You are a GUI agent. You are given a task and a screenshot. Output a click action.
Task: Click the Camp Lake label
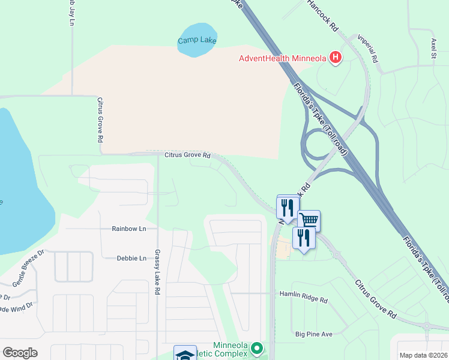point(197,41)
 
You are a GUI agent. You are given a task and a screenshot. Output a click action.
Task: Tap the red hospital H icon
point(336,58)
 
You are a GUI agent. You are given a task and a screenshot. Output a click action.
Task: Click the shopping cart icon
point(309,220)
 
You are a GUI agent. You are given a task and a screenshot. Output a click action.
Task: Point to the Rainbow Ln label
point(129,229)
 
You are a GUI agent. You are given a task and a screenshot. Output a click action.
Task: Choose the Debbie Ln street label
point(131,258)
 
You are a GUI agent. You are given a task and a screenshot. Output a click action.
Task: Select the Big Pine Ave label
point(313,334)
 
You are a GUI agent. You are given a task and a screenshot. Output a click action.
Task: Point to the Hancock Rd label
point(323,16)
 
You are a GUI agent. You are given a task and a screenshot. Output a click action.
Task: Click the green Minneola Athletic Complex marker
point(257,348)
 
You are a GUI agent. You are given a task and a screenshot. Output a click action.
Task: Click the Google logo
point(20,353)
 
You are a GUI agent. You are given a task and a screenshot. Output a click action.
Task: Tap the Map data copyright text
point(423,355)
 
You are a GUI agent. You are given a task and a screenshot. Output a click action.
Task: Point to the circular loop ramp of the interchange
point(318,144)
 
